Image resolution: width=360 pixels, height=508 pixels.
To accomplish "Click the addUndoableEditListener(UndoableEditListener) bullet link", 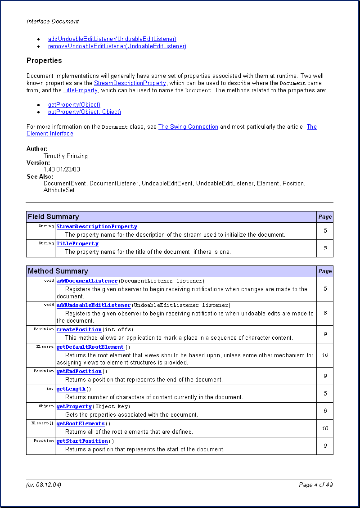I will [x=112, y=39].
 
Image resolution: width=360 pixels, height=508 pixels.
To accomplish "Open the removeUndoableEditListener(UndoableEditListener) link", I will [x=117, y=46].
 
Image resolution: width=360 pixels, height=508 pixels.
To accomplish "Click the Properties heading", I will [x=44, y=61].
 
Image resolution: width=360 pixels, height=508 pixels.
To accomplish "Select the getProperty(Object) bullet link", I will [x=74, y=105].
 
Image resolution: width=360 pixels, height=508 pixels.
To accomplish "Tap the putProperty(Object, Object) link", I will [x=85, y=112].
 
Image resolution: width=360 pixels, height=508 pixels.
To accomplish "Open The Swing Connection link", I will [x=188, y=127].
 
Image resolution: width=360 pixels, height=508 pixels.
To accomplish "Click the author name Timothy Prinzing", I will [x=66, y=156].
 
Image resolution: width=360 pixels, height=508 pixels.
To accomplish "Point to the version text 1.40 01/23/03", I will [x=62, y=170].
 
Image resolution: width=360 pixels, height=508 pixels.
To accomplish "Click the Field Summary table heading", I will [x=54, y=217].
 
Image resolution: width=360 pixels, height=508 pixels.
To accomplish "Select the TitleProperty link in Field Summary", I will [x=77, y=244].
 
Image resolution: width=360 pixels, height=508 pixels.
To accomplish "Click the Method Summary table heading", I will [x=58, y=271].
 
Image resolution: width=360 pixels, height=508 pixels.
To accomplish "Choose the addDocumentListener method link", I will [x=87, y=281].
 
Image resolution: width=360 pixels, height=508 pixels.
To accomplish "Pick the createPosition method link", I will [x=79, y=330].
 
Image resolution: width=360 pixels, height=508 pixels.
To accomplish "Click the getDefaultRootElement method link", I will [x=90, y=347].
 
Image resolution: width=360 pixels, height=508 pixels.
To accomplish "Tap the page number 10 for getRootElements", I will [x=325, y=428].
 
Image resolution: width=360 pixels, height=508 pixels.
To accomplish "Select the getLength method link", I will [x=71, y=389].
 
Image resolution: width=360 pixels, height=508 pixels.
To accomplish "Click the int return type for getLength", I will [x=50, y=389].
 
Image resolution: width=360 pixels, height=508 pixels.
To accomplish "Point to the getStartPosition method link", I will [x=82, y=441].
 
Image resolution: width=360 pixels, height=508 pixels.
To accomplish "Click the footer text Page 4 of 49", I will [x=315, y=485].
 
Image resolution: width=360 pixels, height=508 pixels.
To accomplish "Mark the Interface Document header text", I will [x=53, y=21].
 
